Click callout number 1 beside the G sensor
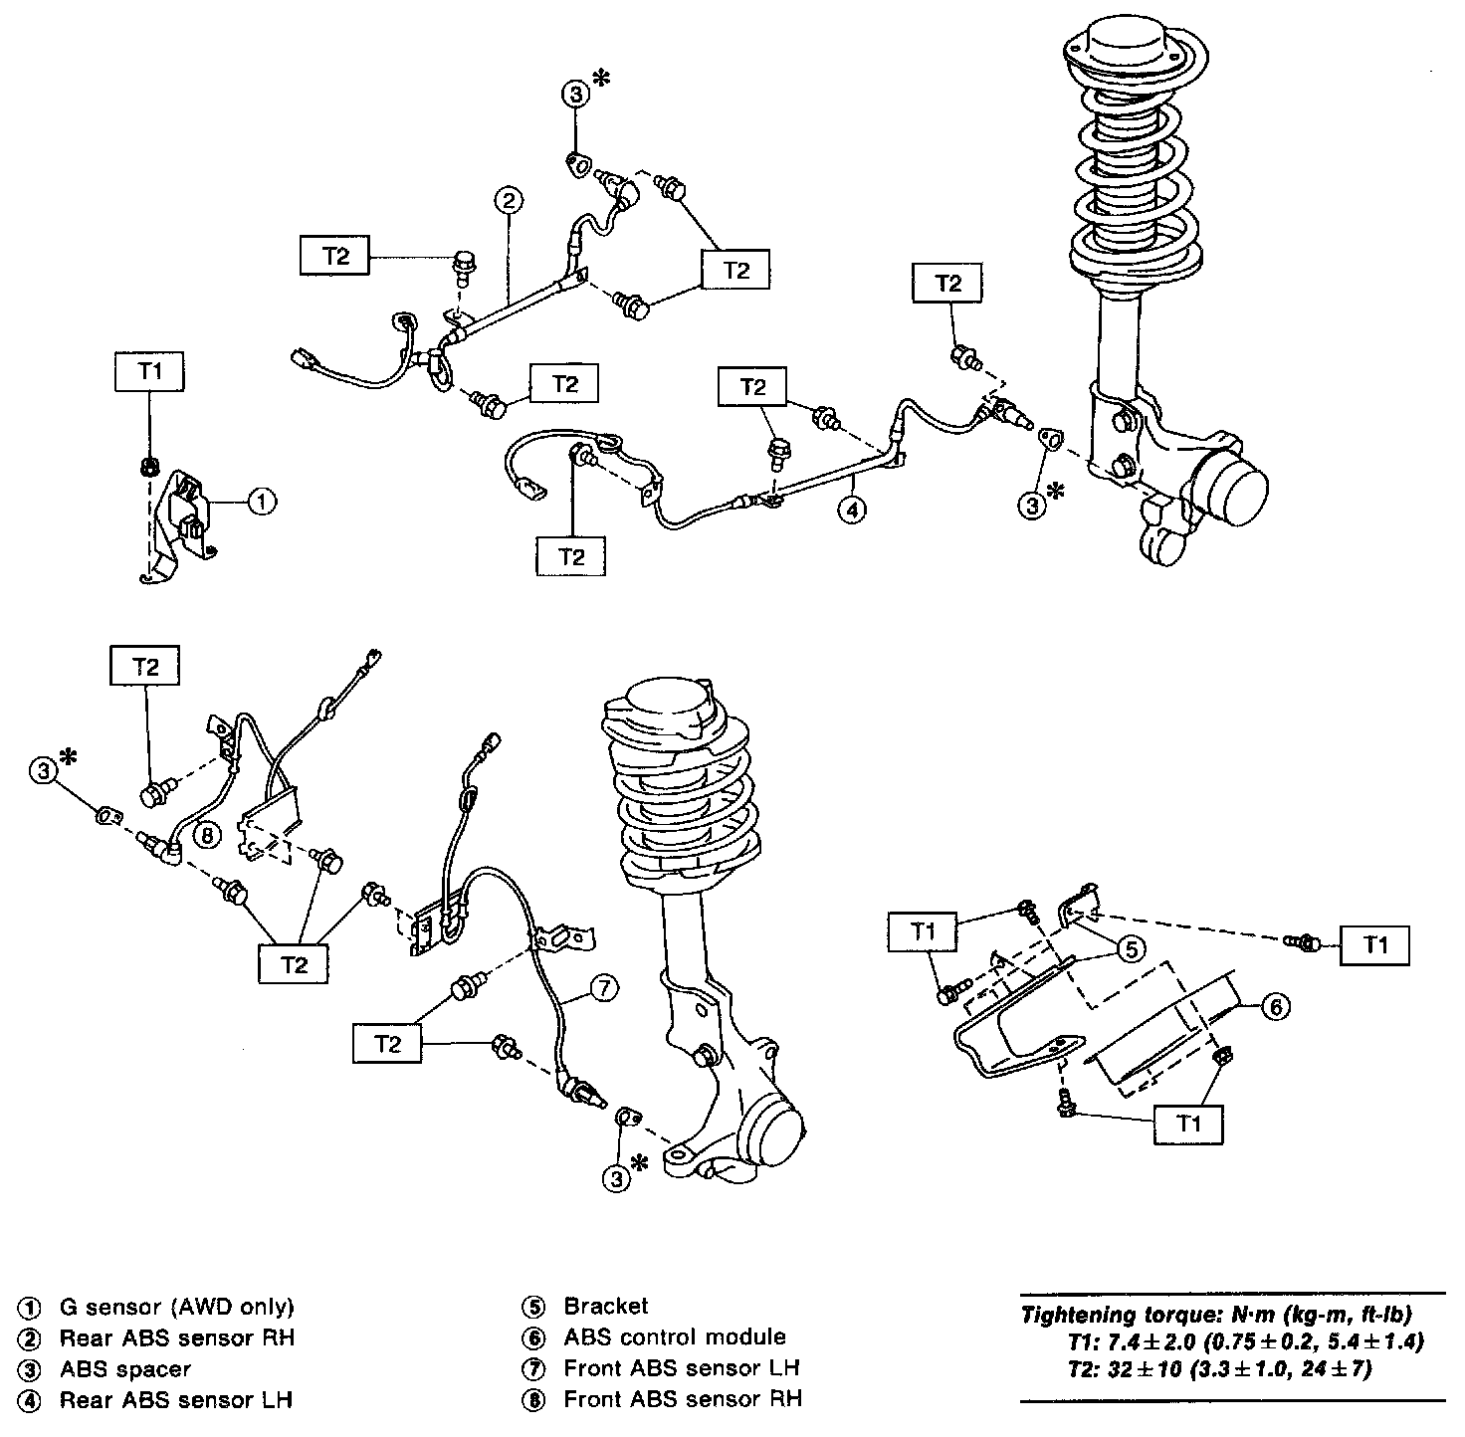click(261, 504)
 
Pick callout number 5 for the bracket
click(1129, 950)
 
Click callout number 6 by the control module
click(1276, 1007)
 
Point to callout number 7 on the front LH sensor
click(603, 988)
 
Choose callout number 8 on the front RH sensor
click(206, 834)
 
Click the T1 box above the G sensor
click(149, 372)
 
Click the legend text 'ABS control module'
click(675, 1337)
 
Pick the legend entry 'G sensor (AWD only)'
click(177, 1307)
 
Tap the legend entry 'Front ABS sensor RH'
click(682, 1399)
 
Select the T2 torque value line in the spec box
click(1218, 1369)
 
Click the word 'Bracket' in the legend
click(605, 1307)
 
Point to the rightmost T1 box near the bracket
click(1374, 945)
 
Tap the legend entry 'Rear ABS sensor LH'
click(176, 1400)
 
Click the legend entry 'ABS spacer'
click(125, 1369)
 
